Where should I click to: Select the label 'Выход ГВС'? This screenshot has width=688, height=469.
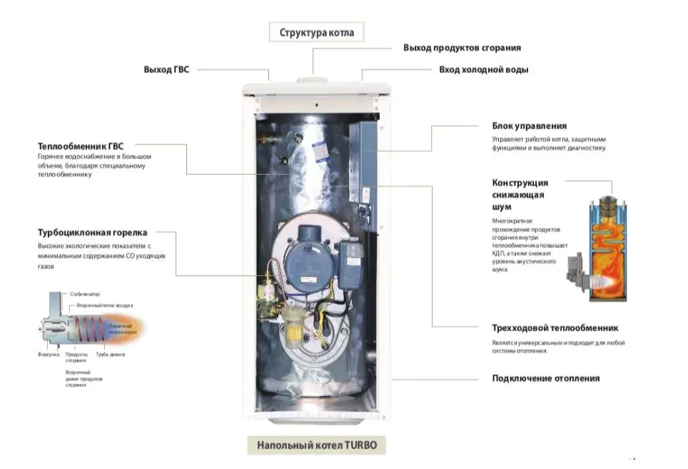166,70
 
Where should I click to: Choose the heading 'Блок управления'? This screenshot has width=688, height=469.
529,126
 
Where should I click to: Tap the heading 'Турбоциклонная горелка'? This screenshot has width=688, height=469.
92,233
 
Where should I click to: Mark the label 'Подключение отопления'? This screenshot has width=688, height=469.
545,378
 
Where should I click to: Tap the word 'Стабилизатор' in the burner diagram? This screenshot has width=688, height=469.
85,294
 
